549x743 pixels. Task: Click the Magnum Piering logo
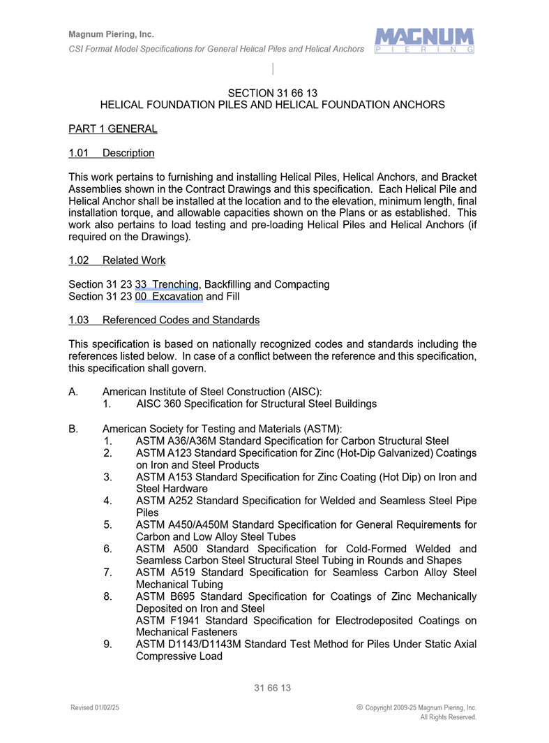424,41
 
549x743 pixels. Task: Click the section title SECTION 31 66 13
273,93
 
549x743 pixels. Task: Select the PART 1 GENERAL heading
113,129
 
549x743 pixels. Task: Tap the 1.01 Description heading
112,153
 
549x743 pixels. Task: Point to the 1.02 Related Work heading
117,260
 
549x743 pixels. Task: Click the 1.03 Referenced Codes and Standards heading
164,321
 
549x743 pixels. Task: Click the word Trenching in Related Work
176,285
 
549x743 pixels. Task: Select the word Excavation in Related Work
177,297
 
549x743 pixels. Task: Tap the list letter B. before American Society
73,429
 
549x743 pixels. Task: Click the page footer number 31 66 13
272,689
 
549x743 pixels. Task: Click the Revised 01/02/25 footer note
95,708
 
